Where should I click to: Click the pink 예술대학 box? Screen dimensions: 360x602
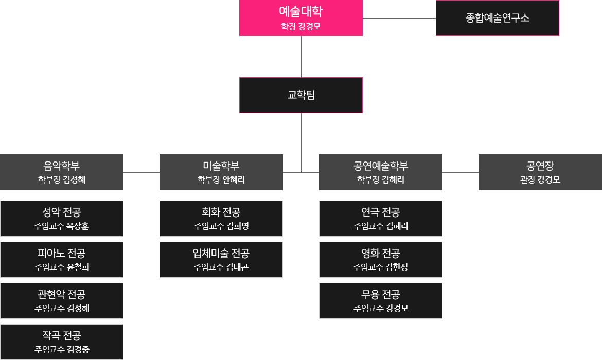pos(301,18)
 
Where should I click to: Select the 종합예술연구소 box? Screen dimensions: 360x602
pos(497,18)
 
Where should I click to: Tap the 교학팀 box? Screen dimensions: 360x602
pos(301,95)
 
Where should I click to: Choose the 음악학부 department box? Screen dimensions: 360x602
pos(62,172)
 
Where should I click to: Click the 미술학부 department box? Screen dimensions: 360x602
pos(221,172)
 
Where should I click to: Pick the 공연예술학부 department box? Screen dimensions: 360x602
pos(381,172)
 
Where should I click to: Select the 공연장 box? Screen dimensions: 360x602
pos(540,172)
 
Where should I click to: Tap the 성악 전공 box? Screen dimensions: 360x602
pos(62,219)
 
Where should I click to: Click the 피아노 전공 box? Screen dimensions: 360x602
pos(62,260)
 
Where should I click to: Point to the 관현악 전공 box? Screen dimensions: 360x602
pos(62,301)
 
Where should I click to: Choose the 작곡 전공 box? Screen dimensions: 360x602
pos(62,342)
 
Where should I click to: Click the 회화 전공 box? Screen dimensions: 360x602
pos(221,219)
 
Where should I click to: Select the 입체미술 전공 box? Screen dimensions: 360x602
pos(221,260)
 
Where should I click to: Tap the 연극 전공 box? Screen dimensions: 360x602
pos(381,219)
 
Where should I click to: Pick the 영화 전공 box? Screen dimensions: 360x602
pos(381,260)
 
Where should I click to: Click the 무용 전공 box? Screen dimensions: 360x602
pos(381,301)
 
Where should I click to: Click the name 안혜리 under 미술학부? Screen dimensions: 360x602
pos(234,180)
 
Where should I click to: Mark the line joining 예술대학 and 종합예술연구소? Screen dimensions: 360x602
pos(399,18)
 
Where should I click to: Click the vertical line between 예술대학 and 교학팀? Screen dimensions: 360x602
pos(301,57)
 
